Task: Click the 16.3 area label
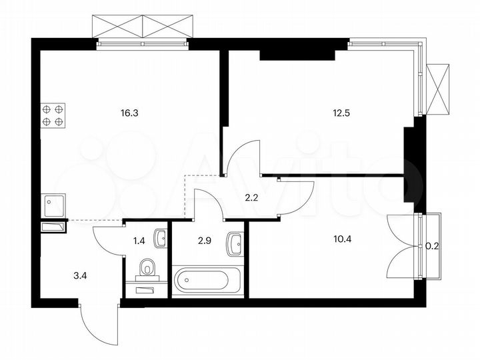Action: (x=129, y=113)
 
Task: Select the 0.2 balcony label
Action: (x=431, y=245)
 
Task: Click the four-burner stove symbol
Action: (x=53, y=115)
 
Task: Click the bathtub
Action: (x=208, y=281)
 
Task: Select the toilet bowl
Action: (x=148, y=268)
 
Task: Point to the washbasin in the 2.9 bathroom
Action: (x=234, y=243)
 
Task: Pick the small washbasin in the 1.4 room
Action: (x=160, y=237)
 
